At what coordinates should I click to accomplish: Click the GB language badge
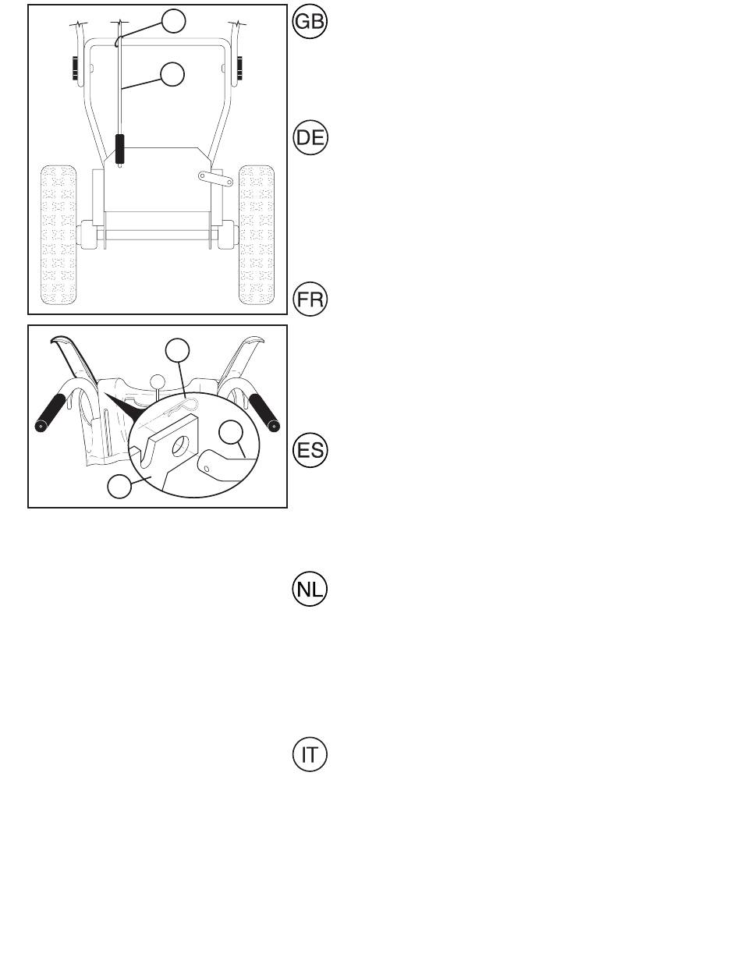[310, 21]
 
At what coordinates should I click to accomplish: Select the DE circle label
[310, 137]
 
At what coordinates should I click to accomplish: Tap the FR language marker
[310, 299]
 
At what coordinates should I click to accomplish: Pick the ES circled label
[310, 450]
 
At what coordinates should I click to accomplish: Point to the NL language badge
[310, 589]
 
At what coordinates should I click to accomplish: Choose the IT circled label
[310, 755]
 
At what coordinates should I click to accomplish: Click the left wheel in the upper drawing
[58, 236]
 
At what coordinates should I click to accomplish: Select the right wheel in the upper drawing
[257, 236]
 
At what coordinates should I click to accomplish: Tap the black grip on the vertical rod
[120, 149]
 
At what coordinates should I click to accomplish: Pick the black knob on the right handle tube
[240, 68]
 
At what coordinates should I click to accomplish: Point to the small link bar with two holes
[215, 179]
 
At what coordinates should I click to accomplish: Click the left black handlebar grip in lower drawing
[51, 413]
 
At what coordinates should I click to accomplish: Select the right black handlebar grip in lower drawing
[264, 413]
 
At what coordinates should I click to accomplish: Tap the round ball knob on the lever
[158, 381]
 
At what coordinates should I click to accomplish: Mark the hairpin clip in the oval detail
[183, 407]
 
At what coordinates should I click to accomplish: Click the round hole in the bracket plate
[180, 446]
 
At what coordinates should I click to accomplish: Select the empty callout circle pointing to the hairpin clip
[177, 350]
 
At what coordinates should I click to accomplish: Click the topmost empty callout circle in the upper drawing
[173, 21]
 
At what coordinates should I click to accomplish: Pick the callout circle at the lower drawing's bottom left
[119, 486]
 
